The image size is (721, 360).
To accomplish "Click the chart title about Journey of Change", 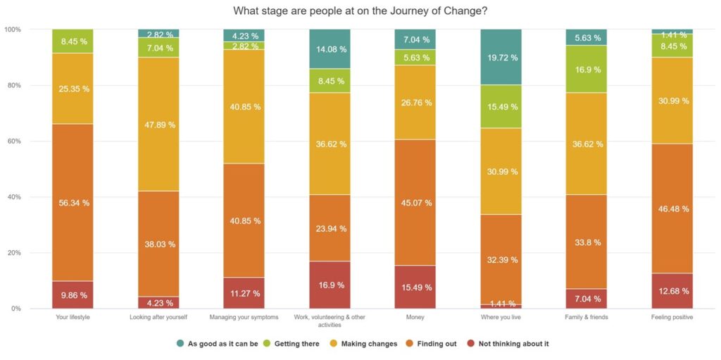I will [x=360, y=11].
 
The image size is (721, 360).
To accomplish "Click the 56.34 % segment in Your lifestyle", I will [x=73, y=202].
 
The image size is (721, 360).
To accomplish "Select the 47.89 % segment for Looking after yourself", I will [x=158, y=125].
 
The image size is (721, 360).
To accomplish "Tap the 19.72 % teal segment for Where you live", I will [x=500, y=57].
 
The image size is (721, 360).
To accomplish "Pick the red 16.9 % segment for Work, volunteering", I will [x=330, y=285].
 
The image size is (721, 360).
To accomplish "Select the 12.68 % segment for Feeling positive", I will [x=672, y=291].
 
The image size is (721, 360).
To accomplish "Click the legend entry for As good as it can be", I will [x=218, y=344].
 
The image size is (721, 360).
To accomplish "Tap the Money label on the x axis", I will [x=415, y=317].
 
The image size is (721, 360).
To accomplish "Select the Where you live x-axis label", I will [x=500, y=317].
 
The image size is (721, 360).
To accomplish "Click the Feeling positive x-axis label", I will [x=672, y=317].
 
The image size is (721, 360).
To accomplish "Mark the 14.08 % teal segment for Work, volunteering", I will [x=330, y=49].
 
